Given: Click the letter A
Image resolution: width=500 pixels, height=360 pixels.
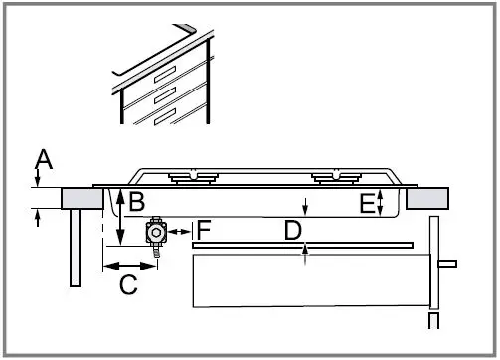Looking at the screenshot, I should tap(43, 159).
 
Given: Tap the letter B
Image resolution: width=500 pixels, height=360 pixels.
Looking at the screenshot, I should tap(137, 201).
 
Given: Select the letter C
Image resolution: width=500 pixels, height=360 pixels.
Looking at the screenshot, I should tap(128, 285).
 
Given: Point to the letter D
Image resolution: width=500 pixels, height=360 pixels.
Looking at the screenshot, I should tap(292, 230).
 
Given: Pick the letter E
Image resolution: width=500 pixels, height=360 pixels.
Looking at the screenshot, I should tap(367, 203).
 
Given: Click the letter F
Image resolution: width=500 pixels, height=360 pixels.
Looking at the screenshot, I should tap(203, 230).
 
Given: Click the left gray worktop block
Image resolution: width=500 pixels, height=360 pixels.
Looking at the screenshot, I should tap(82, 198).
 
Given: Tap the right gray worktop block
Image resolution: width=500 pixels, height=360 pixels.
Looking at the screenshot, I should tap(425, 198).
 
